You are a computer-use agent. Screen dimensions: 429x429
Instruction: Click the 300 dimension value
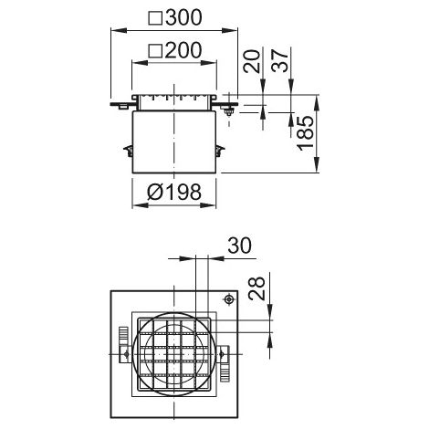183,17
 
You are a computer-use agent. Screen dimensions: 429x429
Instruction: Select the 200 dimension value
183,50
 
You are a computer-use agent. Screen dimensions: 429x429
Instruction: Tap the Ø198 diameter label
174,192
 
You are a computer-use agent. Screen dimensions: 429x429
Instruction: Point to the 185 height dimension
306,133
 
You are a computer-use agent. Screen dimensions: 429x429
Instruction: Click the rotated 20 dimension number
252,61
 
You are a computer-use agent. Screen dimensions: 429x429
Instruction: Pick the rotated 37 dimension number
280,60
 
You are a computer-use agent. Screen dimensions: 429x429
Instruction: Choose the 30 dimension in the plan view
240,246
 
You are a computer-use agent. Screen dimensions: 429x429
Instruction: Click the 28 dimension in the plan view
256,288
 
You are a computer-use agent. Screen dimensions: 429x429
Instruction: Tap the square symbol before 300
155,18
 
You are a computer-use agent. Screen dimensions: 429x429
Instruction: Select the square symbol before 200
155,51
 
